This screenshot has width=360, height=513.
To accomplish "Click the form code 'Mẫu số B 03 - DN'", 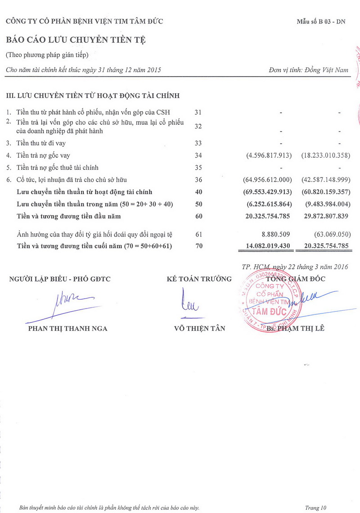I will point(321,22).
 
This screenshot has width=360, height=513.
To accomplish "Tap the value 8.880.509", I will point(277,234).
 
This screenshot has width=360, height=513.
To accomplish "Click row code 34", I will point(198,155).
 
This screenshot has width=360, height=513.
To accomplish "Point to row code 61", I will point(198,234).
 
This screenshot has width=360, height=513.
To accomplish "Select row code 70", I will point(198,246).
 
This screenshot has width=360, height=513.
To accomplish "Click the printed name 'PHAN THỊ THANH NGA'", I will point(68,328).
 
